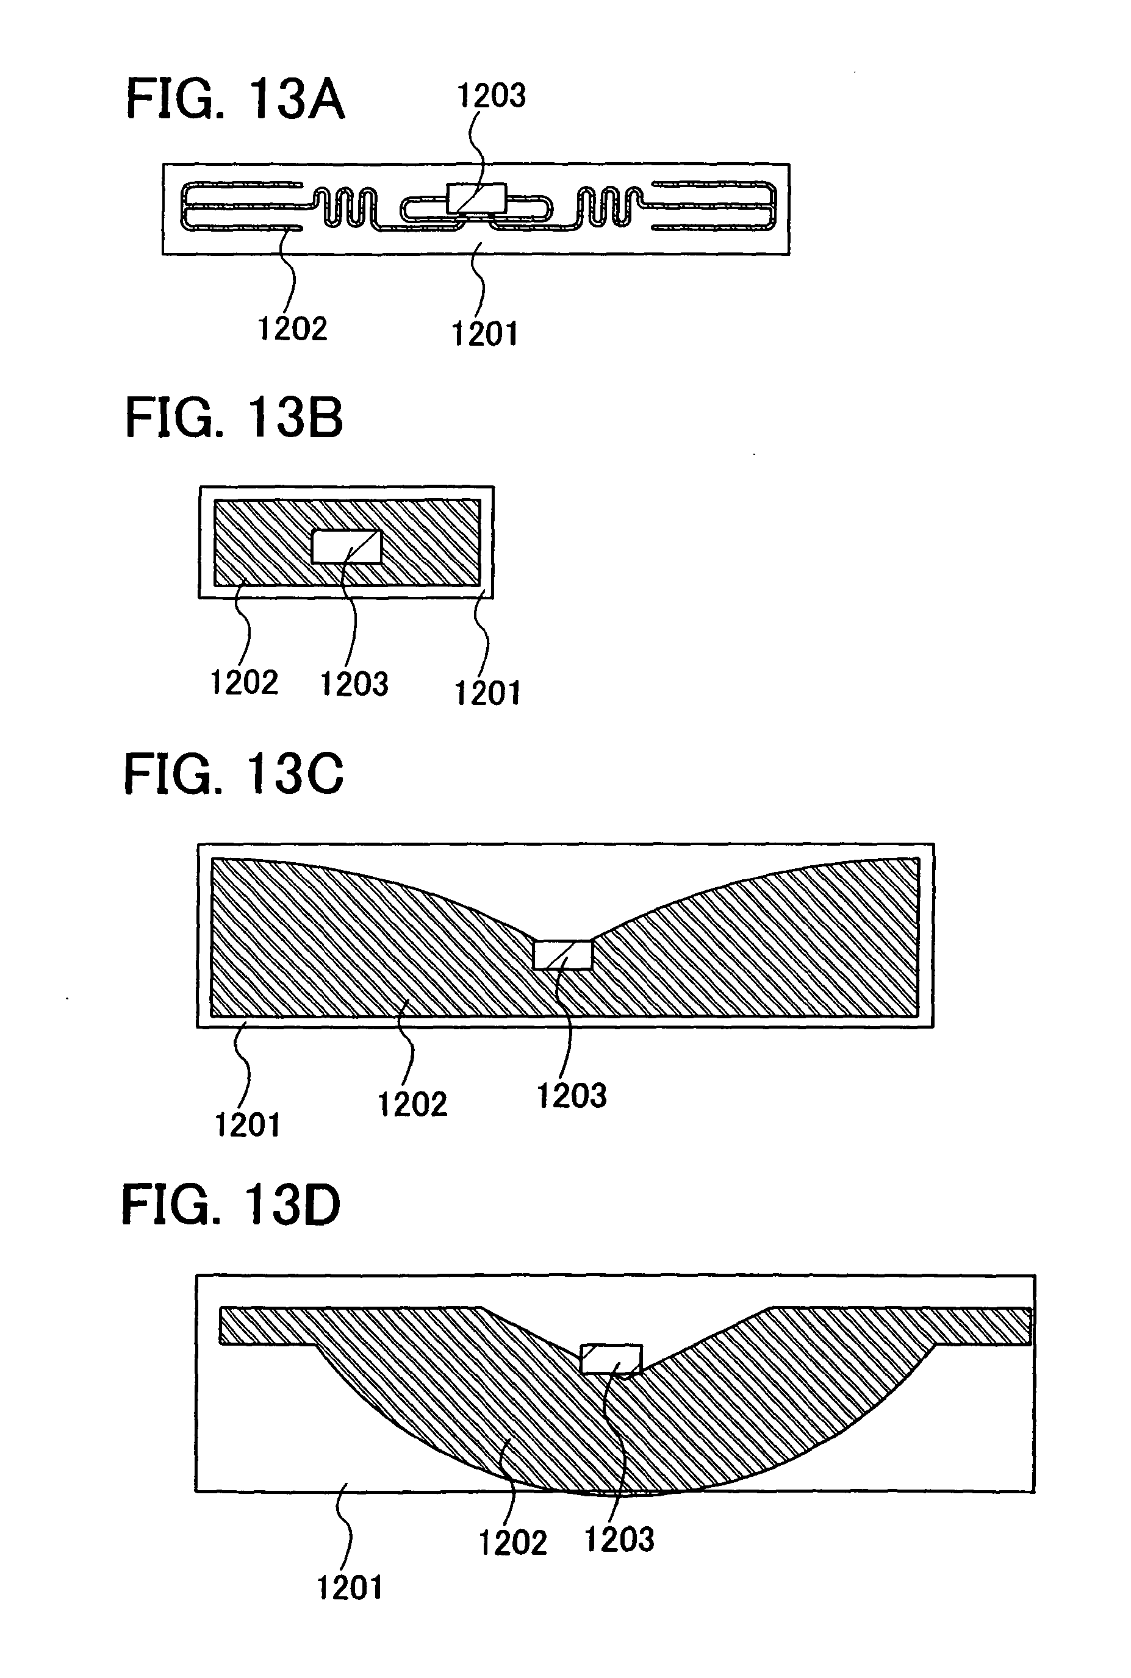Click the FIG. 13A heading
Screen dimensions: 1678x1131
click(x=235, y=99)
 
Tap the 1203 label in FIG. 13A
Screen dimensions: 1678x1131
click(x=492, y=95)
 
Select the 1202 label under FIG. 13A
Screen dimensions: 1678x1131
click(x=292, y=329)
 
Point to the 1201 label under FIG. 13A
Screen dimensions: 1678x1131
click(x=485, y=334)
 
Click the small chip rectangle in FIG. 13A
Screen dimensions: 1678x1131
click(x=476, y=198)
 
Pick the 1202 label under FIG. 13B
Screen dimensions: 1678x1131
click(x=244, y=682)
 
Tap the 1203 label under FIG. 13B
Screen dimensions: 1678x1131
click(x=353, y=684)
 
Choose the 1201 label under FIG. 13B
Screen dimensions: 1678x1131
click(x=487, y=693)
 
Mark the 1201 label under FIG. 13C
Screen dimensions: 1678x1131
click(x=248, y=1124)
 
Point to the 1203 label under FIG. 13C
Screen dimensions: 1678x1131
click(x=571, y=1096)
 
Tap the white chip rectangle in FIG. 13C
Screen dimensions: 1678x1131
click(x=562, y=955)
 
